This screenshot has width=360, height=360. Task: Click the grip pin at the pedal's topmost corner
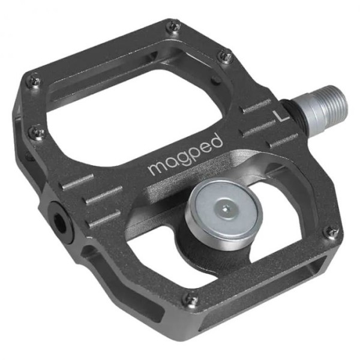[173, 25]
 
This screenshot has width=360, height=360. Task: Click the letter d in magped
[215, 142]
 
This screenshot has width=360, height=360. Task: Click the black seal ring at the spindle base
[292, 109]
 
